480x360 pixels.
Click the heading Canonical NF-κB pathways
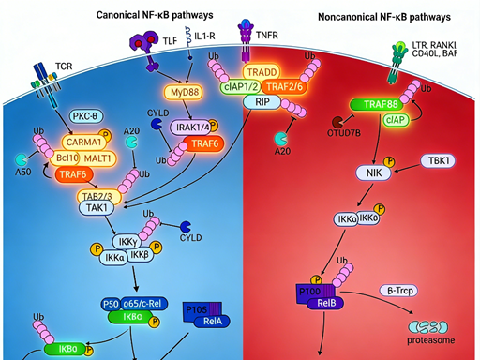pyautogui.click(x=155, y=16)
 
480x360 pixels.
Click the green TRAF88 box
pyautogui.click(x=376, y=107)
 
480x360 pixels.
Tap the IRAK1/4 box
pyautogui.click(x=191, y=127)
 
